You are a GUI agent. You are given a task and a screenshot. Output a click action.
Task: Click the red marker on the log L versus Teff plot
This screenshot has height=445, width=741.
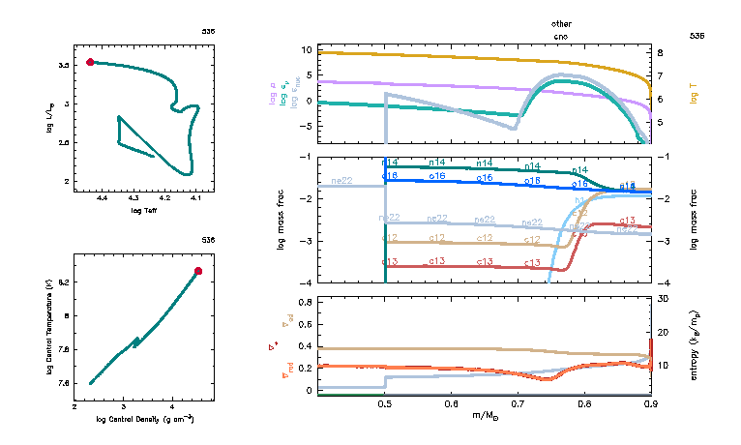(x=90, y=62)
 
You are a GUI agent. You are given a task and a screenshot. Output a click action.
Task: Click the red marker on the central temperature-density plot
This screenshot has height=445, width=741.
(x=198, y=271)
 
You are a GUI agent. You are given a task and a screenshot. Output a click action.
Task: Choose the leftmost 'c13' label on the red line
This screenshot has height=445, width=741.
(x=390, y=262)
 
